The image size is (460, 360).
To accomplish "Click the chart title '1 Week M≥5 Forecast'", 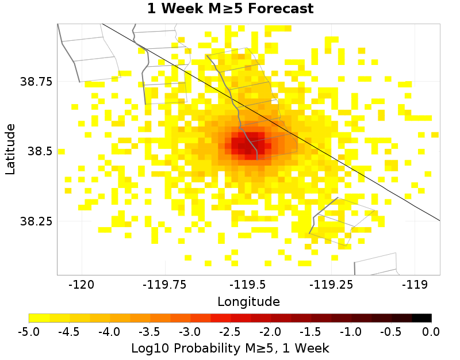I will point(230,9).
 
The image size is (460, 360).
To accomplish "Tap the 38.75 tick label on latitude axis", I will point(36,81).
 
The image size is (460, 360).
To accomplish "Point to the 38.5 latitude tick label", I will point(40,151).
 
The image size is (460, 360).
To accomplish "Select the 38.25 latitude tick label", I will point(36,221).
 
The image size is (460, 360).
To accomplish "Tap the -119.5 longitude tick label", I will point(248,284).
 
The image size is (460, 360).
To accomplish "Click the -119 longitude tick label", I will point(415,284).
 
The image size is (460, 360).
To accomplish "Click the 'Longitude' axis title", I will point(248,301).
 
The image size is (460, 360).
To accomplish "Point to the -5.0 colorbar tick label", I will point(29,332).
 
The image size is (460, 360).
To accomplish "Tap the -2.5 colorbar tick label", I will point(230,332).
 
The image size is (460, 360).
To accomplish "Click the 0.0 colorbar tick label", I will point(431,332).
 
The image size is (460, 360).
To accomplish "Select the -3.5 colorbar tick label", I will point(149,332).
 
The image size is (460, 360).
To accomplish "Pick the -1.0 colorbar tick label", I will point(351,332).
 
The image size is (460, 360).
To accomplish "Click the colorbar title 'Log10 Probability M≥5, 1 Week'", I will point(230,348).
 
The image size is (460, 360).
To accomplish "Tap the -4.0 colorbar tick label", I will point(109,332).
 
